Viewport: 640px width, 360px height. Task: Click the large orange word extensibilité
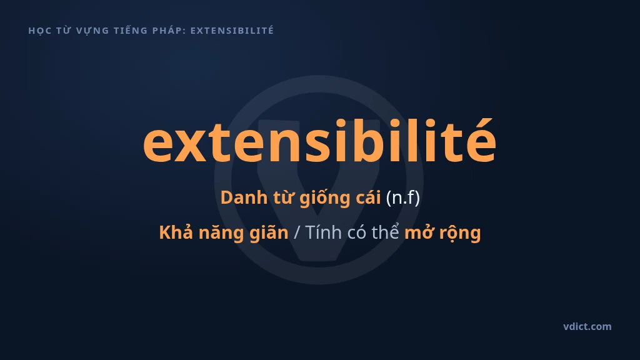coord(319,140)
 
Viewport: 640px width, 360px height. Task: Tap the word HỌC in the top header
coord(39,31)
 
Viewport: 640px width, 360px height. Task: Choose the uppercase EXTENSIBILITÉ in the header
coord(232,30)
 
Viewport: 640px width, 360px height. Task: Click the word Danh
coord(244,197)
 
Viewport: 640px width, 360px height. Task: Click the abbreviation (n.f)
coord(403,198)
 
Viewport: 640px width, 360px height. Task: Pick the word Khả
coord(176,232)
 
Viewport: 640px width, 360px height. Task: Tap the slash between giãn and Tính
coord(297,232)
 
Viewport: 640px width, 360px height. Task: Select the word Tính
coord(324,232)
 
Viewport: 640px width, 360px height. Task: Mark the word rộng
coord(456,234)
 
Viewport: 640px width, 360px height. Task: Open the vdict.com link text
coord(587,326)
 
